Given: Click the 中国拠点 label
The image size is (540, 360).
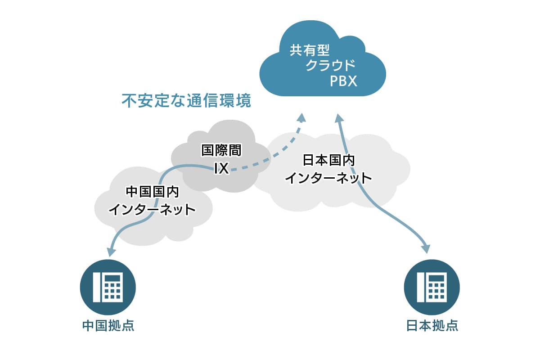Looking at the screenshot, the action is click(108, 325).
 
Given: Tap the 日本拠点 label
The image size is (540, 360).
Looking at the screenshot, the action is click(432, 325).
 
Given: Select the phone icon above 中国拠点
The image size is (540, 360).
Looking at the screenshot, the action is click(108, 287).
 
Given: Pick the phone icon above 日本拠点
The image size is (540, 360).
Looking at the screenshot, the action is click(432, 287).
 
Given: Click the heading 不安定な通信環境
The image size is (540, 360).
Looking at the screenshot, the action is click(186, 100).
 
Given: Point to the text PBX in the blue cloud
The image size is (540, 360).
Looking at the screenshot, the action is click(343, 81).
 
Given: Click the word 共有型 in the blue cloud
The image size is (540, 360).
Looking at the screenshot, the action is click(310, 50).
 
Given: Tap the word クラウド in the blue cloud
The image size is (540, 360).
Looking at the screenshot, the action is click(330, 65).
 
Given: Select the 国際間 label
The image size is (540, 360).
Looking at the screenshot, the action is click(221, 150).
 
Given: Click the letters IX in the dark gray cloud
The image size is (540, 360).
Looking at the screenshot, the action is click(221, 168).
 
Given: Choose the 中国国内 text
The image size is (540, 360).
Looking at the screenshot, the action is click(153, 192).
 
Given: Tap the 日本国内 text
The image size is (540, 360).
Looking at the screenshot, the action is click(328, 160).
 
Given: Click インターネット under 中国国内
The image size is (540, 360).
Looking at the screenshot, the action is click(152, 209).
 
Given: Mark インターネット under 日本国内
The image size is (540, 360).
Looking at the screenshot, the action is click(328, 178).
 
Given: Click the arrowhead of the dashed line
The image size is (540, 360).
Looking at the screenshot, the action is click(301, 118).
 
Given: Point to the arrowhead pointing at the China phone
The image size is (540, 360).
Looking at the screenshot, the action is click(112, 252).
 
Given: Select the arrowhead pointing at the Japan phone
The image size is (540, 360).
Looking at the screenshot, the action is click(426, 249).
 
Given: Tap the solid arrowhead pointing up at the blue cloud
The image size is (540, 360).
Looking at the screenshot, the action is click(339, 118).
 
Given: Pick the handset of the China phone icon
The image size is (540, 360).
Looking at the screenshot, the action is click(96, 288).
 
